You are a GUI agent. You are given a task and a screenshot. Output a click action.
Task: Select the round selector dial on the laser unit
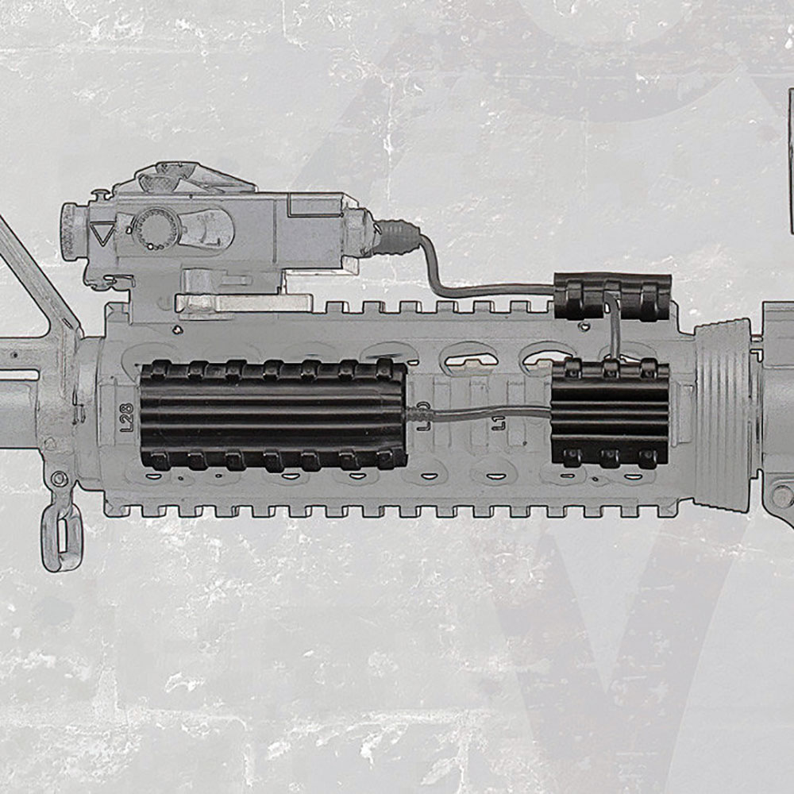pyautogui.click(x=156, y=229)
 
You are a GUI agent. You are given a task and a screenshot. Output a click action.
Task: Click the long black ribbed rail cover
pyautogui.click(x=272, y=414)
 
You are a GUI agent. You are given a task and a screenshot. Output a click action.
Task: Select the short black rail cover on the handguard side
pyautogui.click(x=610, y=413)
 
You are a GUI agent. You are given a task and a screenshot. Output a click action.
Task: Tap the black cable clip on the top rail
pyautogui.click(x=612, y=296)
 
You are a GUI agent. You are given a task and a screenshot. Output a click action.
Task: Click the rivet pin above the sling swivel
pyautogui.click(x=58, y=479)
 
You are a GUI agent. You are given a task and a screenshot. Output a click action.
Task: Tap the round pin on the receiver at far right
pyautogui.click(x=782, y=497)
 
